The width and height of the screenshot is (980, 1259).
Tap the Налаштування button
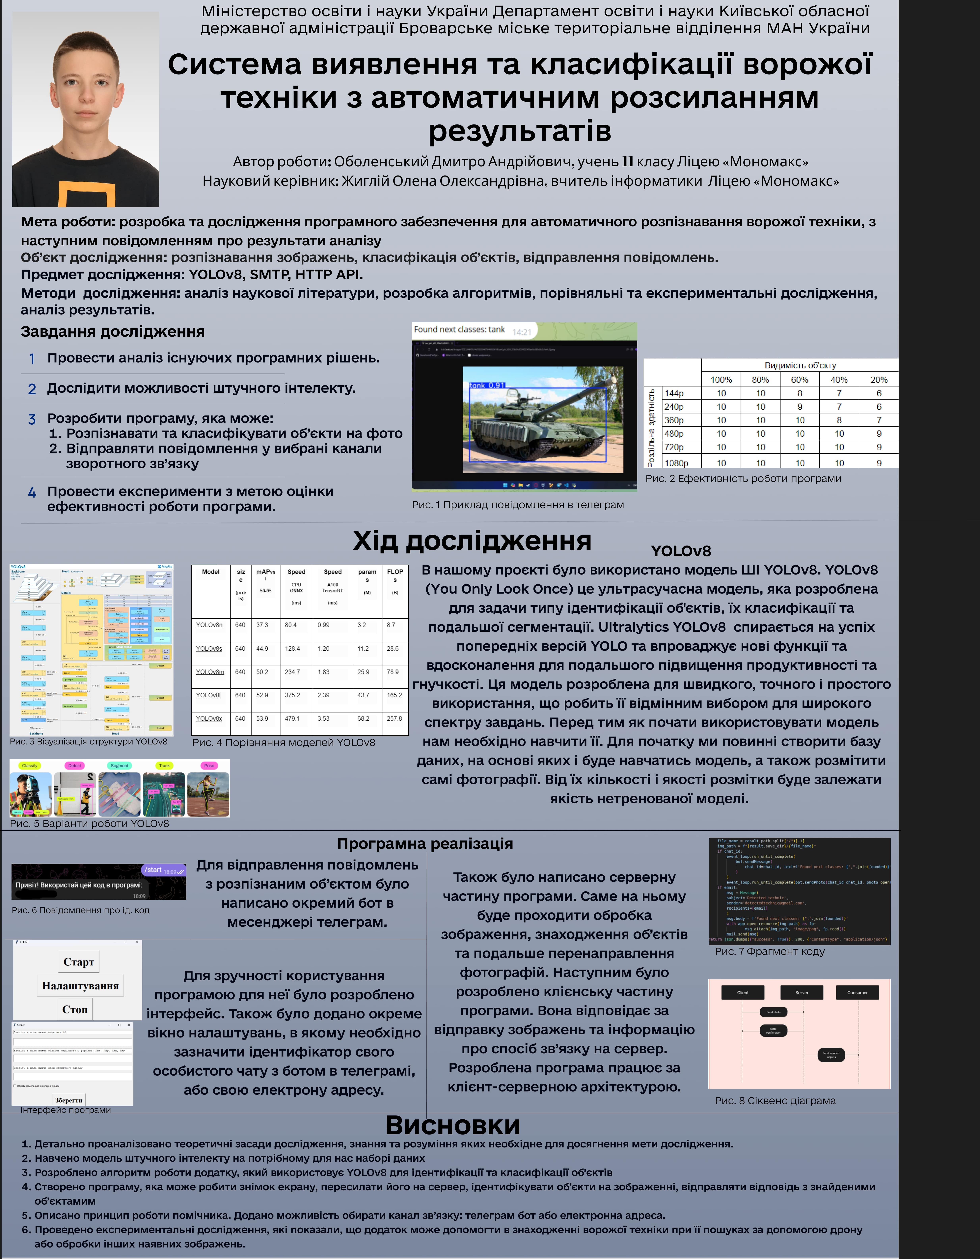[x=80, y=986]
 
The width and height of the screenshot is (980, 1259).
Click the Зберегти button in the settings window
[x=69, y=1100]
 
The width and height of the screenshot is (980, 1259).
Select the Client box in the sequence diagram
[x=743, y=993]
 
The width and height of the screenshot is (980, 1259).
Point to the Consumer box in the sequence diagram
[x=857, y=993]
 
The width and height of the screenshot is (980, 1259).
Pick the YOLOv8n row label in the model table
[x=209, y=625]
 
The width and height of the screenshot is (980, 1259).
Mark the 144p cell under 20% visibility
[x=879, y=393]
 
